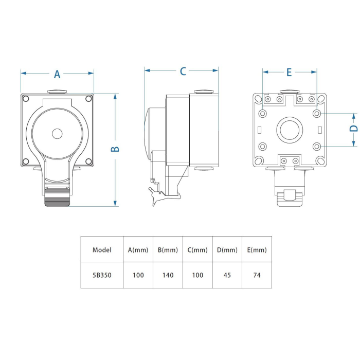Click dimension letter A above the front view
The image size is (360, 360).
(57, 74)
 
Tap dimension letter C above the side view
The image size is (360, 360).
(183, 71)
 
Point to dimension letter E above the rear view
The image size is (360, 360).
(289, 73)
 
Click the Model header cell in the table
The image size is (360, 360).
(102, 250)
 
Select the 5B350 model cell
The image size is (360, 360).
(102, 275)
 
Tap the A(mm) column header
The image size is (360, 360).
(138, 250)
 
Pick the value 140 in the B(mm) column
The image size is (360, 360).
(168, 275)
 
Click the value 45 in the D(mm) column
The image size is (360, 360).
(227, 275)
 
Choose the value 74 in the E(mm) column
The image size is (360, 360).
(257, 275)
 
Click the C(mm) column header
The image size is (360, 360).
(197, 250)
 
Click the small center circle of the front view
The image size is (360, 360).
(57, 133)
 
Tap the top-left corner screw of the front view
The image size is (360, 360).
(26, 99)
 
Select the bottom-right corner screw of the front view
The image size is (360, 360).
(88, 161)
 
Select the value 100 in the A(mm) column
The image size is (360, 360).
(138, 275)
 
